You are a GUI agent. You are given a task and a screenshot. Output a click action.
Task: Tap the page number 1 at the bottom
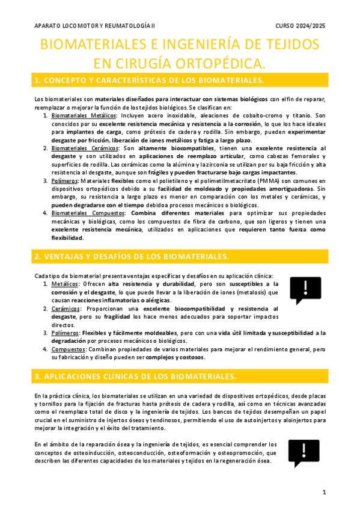pos(324,492)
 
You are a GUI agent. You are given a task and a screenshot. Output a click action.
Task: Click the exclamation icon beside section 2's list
pos(305,290)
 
